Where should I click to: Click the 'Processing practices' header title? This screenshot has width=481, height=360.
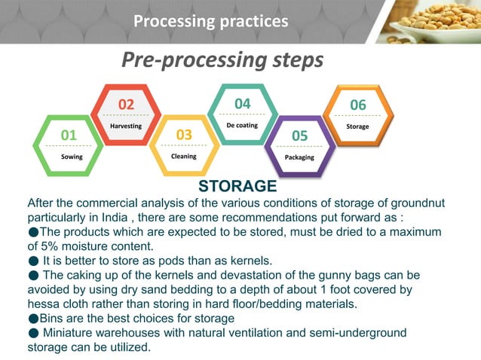click(210, 21)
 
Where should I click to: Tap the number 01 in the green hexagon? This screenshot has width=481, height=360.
click(69, 135)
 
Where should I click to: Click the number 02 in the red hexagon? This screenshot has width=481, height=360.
click(126, 104)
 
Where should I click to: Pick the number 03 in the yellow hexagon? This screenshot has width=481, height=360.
click(184, 134)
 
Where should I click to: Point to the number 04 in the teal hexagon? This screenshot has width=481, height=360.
click(242, 103)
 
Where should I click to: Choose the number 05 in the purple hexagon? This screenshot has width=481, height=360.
click(299, 135)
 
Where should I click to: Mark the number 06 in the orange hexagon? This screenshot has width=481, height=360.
click(357, 104)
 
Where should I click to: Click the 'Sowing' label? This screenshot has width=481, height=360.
click(72, 157)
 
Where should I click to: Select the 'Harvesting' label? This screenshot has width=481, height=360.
click(126, 126)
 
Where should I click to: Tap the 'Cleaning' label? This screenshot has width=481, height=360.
click(184, 156)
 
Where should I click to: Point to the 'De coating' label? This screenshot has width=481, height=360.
click(242, 125)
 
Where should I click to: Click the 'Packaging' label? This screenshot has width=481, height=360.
click(299, 157)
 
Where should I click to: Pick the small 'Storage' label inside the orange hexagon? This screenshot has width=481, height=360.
click(357, 126)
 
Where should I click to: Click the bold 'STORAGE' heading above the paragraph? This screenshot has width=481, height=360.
click(237, 186)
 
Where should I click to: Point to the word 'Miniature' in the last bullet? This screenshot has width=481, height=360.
click(74, 332)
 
